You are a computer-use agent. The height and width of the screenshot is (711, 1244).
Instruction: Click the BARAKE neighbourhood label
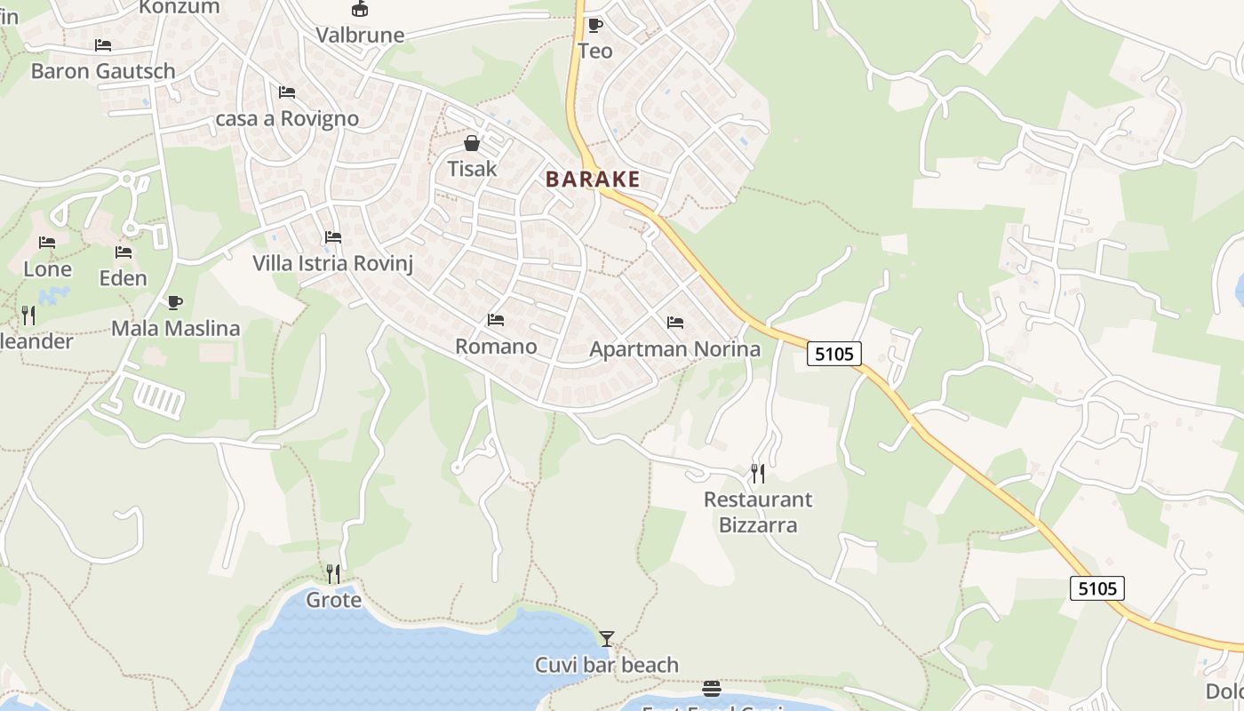[593, 179]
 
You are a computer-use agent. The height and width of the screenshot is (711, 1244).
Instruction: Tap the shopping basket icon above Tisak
[472, 143]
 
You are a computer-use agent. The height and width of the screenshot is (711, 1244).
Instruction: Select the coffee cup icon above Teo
[594, 25]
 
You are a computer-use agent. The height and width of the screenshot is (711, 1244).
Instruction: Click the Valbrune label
[360, 36]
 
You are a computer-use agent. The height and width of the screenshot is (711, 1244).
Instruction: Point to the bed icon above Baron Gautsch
[103, 45]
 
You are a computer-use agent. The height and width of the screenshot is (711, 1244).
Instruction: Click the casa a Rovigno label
[288, 118]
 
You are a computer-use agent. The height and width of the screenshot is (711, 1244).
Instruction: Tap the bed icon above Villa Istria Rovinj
[333, 237]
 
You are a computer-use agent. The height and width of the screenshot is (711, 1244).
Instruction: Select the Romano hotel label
[496, 347]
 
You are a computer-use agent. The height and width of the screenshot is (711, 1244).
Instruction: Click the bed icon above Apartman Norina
[675, 323]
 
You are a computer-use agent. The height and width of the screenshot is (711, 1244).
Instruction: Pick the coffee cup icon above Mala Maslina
[175, 302]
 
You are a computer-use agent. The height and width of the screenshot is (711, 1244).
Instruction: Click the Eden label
[123, 278]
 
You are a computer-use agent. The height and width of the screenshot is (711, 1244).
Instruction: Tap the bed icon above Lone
[47, 243]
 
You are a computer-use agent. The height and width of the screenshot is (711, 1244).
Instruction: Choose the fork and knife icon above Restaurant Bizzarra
[758, 473]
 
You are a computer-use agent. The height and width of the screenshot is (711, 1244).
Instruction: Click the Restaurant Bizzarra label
[758, 512]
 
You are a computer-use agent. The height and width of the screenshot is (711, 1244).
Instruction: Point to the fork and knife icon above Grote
[333, 573]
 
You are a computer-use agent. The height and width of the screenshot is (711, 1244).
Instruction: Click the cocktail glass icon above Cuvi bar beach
[607, 638]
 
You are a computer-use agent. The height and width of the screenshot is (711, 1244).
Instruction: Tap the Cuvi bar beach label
[607, 665]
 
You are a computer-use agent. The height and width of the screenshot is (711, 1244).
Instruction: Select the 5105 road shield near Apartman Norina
[834, 354]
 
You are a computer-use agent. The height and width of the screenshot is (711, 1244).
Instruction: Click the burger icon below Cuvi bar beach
[711, 689]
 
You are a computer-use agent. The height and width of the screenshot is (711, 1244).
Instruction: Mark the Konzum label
[179, 7]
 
